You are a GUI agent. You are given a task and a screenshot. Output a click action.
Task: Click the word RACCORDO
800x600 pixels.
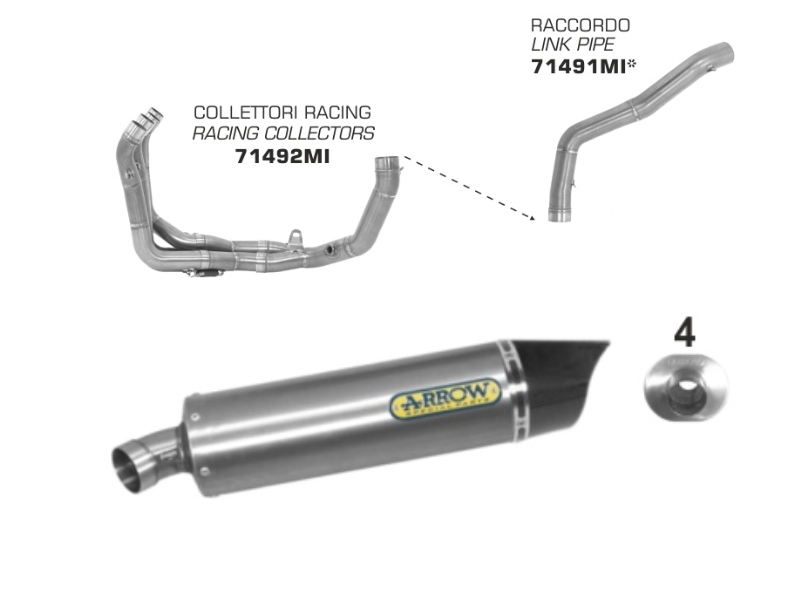580,25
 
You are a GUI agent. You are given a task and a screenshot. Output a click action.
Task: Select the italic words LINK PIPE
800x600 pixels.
573,44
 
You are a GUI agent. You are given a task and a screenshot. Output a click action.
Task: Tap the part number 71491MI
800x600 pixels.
578,66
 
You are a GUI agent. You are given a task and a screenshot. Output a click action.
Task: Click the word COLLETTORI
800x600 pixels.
246,112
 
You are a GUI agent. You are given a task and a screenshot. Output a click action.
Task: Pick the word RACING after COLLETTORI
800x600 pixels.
338,112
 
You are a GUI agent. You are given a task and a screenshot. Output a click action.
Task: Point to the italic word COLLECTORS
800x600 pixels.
319,133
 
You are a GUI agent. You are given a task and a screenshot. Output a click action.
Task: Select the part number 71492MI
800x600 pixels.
282,156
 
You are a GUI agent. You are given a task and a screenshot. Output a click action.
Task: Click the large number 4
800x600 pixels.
684,334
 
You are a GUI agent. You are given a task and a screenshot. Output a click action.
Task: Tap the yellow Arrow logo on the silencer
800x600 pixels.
445,398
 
